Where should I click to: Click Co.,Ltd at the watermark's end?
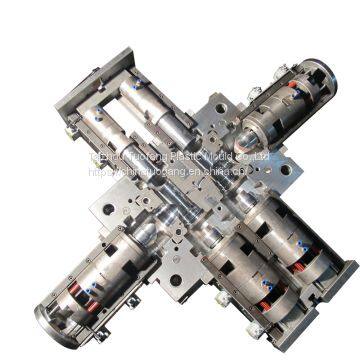coord(262,156)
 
